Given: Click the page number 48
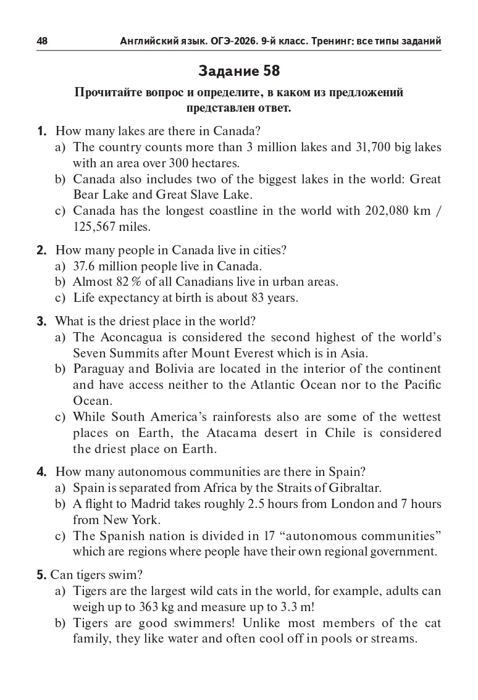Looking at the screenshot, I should [42, 41].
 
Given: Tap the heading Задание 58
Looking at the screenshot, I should [239, 71].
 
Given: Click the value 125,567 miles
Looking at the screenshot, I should [111, 227].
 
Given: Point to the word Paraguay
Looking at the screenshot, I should [99, 369].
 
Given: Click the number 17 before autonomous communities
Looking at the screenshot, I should [256, 535].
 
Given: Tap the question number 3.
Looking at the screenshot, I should [41, 322].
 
